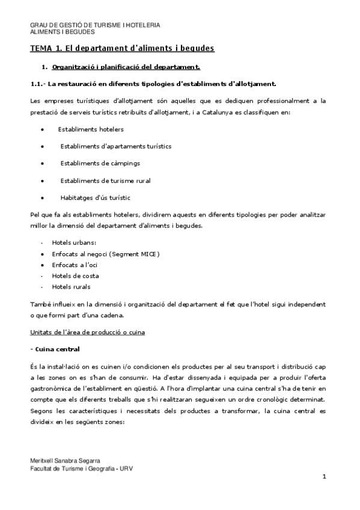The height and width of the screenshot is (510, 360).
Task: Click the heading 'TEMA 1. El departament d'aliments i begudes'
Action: click(123, 48)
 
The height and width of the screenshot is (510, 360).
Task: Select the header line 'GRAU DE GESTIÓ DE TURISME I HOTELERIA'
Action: click(95, 25)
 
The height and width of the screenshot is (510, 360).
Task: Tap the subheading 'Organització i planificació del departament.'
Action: click(126, 66)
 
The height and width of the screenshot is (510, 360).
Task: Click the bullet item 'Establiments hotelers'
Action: click(91, 129)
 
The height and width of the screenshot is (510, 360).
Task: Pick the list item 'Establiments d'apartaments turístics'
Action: click(116, 146)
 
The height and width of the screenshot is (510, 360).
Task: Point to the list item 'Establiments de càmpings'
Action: click(100, 163)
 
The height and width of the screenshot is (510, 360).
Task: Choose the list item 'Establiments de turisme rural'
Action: click(105, 180)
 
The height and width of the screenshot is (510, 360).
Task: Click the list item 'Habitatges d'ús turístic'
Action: click(96, 197)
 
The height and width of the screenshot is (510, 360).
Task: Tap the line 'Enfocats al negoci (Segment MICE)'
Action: click(106, 254)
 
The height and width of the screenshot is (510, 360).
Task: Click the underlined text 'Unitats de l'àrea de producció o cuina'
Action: click(87, 332)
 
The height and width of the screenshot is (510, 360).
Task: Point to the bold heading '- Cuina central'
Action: click(55, 349)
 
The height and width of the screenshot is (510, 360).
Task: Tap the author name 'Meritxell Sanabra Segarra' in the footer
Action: click(66, 460)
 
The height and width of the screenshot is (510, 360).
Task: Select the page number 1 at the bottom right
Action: click(324, 477)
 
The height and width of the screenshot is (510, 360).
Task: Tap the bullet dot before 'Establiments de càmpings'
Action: click(41, 164)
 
